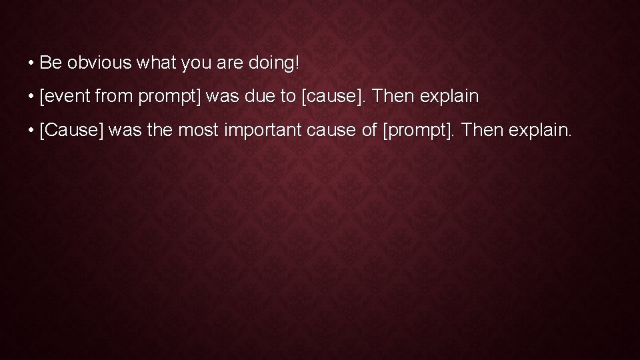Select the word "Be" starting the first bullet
coord(50,63)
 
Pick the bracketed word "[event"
coord(65,97)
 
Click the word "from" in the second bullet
coord(113,97)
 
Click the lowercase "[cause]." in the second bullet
coord(334,97)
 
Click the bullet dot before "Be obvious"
coord(31,64)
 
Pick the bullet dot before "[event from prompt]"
coord(31,97)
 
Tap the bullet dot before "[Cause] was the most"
coord(31,131)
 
